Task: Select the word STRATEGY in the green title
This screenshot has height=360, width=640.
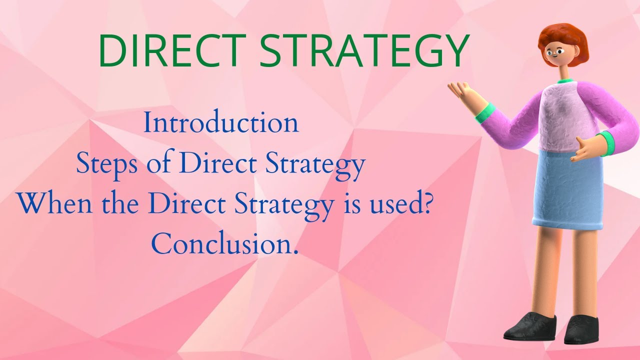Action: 364,51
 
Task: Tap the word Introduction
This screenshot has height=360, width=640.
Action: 221,123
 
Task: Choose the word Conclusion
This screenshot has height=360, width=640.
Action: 224,244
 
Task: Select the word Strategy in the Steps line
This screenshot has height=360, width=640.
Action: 316,164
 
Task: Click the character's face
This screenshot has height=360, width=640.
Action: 555,52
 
